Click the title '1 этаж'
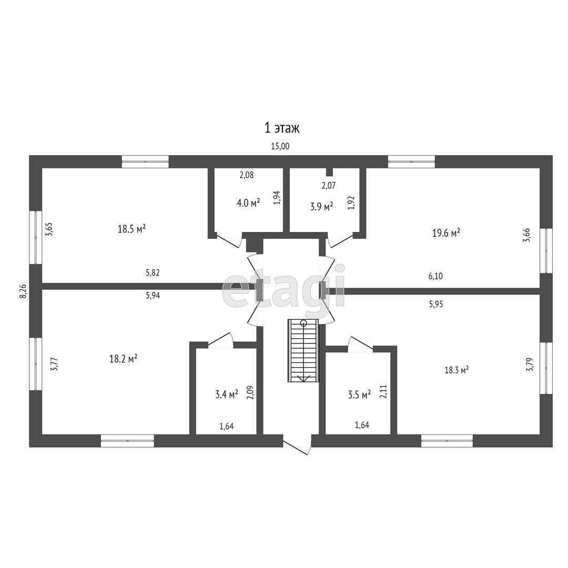click(x=282, y=128)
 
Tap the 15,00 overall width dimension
click(x=280, y=146)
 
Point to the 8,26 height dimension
click(x=23, y=291)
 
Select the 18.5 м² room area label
click(x=132, y=229)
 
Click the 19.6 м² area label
click(x=446, y=232)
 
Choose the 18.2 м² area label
click(x=123, y=359)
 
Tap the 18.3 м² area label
click(x=457, y=370)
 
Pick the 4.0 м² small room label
click(x=248, y=202)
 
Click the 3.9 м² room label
click(x=321, y=207)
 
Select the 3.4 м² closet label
click(x=226, y=394)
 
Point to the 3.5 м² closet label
click(x=359, y=394)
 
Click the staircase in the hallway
click(x=303, y=350)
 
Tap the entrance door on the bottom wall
click(x=297, y=444)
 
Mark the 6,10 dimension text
click(x=435, y=276)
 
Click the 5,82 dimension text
click(x=153, y=272)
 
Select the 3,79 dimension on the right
click(x=529, y=365)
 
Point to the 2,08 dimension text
click(x=246, y=175)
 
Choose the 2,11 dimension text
click(x=383, y=392)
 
